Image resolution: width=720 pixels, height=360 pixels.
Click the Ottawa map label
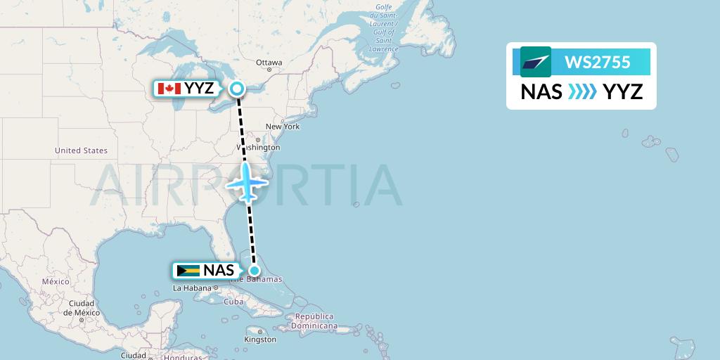tap(269, 63)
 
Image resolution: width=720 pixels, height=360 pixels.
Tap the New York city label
tap(282, 127)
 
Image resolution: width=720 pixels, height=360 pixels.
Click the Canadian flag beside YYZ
tap(169, 89)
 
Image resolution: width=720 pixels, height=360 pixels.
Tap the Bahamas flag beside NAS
tap(188, 271)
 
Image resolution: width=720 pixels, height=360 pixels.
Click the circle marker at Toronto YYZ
tap(237, 89)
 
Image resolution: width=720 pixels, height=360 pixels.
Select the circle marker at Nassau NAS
tap(255, 270)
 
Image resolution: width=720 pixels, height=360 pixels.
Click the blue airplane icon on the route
tap(247, 182)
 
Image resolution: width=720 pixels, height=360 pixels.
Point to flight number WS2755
tap(598, 63)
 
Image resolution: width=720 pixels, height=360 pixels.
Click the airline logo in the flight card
tap(536, 62)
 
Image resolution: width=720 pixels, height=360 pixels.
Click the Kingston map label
tap(260, 340)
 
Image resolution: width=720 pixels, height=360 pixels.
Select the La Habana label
tap(192, 288)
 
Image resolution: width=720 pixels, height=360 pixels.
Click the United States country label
tap(81, 150)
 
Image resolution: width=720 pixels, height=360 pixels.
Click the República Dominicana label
tap(316, 321)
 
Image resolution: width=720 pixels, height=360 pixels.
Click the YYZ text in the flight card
tap(623, 91)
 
